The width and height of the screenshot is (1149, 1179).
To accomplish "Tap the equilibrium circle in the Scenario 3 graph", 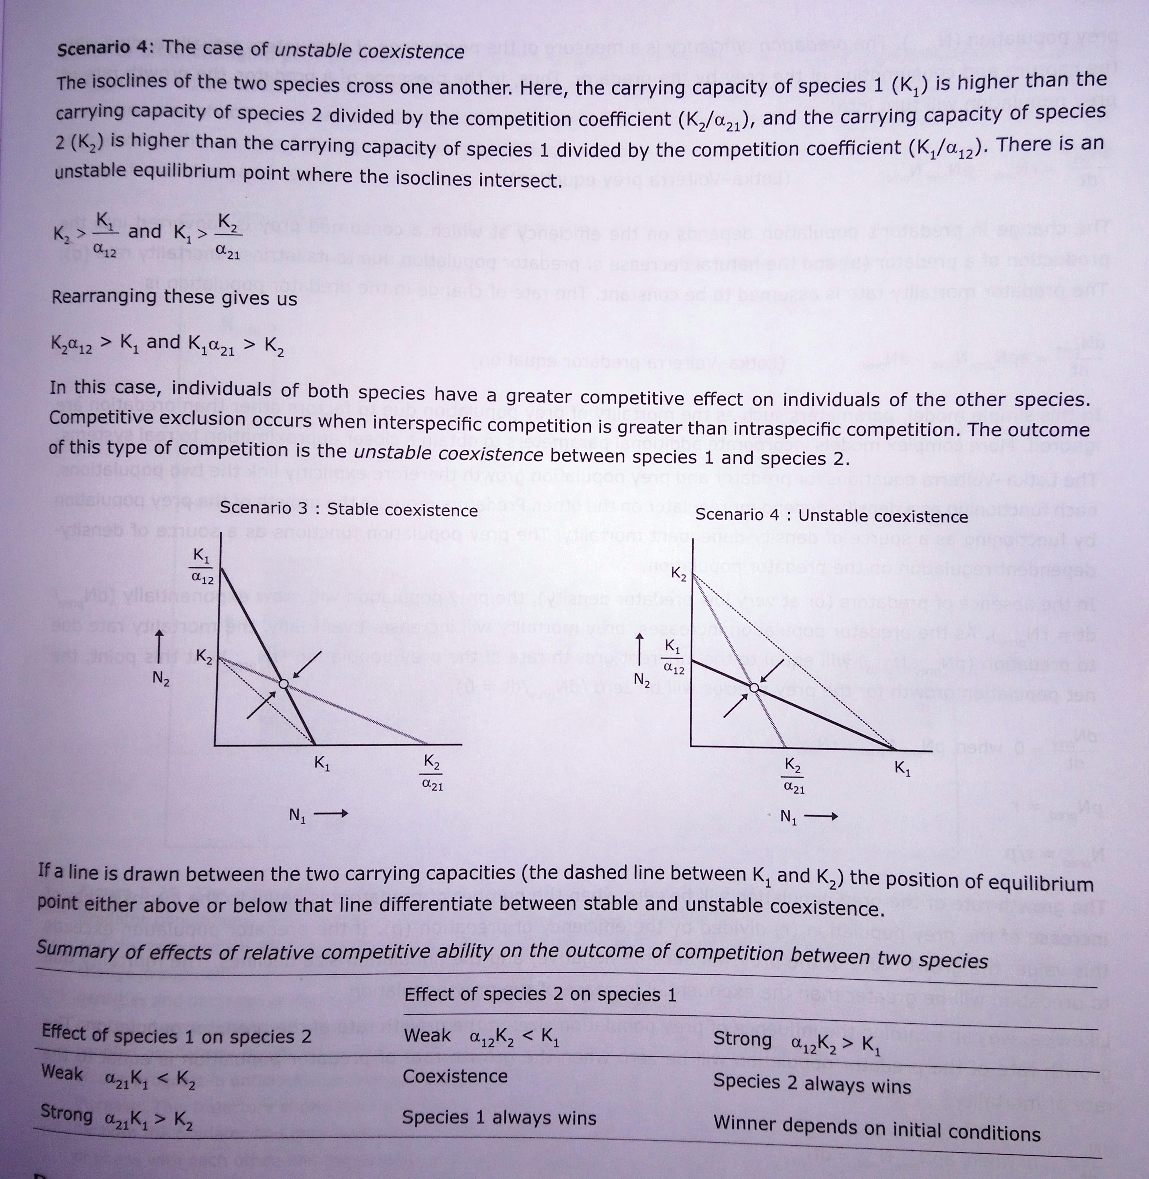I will (283, 683).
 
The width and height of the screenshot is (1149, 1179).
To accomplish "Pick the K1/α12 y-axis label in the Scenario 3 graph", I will (202, 566).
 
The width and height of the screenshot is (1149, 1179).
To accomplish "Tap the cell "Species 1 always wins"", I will (498, 1117).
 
